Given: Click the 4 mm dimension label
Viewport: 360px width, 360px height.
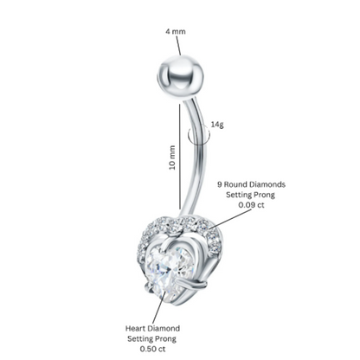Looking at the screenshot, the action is click(x=176, y=31).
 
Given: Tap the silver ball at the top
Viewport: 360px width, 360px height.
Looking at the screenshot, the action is click(x=181, y=77).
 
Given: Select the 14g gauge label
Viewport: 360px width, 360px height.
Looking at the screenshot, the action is click(x=217, y=125).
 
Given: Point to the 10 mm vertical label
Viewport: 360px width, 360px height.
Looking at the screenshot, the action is click(x=172, y=157).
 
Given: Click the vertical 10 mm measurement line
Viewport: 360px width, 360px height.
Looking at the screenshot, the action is click(x=179, y=157).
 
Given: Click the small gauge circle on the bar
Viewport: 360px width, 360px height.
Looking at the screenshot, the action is click(x=198, y=135).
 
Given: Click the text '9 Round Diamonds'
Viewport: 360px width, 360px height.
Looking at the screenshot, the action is click(x=251, y=184).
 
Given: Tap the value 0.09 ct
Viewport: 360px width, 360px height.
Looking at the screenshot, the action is click(x=251, y=205).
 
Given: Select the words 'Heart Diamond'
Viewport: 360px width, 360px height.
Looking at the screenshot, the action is click(x=152, y=328).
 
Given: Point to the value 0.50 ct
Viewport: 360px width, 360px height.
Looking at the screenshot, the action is click(x=152, y=349).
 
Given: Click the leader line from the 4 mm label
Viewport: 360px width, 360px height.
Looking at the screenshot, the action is click(x=178, y=46).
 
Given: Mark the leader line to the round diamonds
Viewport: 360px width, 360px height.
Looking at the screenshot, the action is click(x=230, y=219).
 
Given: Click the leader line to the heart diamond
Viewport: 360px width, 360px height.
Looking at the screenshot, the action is click(x=159, y=307).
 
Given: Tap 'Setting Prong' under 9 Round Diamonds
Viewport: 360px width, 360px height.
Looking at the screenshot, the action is click(x=250, y=195).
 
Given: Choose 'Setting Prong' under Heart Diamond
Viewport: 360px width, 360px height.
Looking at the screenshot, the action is click(x=152, y=338).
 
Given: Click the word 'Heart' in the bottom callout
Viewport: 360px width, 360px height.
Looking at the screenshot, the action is click(x=135, y=328).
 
